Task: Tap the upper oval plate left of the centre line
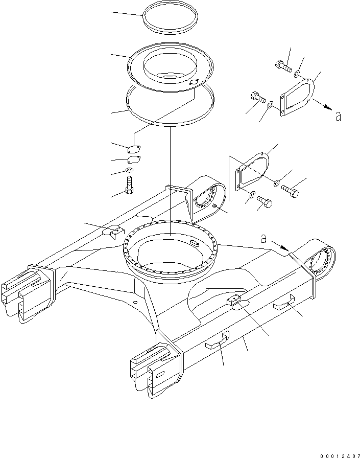point(134,149)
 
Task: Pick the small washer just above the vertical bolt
point(129,170)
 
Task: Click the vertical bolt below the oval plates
point(129,185)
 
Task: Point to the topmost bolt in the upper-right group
point(283,65)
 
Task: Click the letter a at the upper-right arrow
point(338,117)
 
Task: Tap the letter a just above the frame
point(263,239)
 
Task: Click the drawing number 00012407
point(340,455)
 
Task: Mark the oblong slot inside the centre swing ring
point(194,242)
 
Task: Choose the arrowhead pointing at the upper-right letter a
point(329,107)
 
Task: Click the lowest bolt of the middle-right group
point(265,201)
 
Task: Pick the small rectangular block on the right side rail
point(234,300)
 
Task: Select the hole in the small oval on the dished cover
point(194,83)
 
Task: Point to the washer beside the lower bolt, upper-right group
point(271,104)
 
